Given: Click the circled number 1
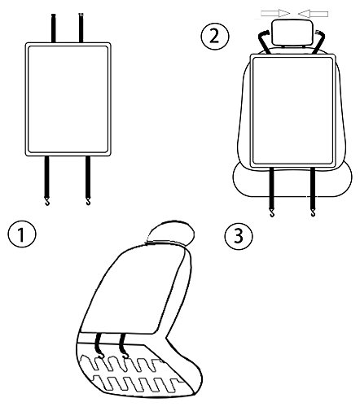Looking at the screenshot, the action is tap(22, 234).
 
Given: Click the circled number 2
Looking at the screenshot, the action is tap(215, 36).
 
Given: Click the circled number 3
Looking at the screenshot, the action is tap(239, 235).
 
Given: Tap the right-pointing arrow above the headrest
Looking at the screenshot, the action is tap(275, 13).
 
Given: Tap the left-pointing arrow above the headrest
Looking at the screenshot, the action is tap(313, 13).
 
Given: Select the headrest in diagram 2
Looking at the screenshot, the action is tap(292, 33).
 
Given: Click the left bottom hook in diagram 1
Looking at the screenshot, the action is tap(47, 202).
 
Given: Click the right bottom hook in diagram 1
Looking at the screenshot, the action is tap(88, 201).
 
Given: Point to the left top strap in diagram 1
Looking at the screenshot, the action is tap(54, 28).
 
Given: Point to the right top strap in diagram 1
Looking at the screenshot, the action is tap(81, 28).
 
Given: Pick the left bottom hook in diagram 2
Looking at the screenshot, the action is tap(272, 212).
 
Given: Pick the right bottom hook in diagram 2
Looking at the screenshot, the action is tap(314, 212).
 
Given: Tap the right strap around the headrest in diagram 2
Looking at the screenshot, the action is tap(319, 42).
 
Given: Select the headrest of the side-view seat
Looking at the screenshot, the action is tap(170, 233).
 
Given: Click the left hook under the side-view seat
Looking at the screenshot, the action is tap(100, 355).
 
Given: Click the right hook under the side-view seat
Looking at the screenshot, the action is tap(125, 355).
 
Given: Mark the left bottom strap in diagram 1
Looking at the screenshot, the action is tap(47, 177).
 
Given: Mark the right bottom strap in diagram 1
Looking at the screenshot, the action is tap(88, 177).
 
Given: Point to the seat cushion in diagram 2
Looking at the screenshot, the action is tap(292, 181).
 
